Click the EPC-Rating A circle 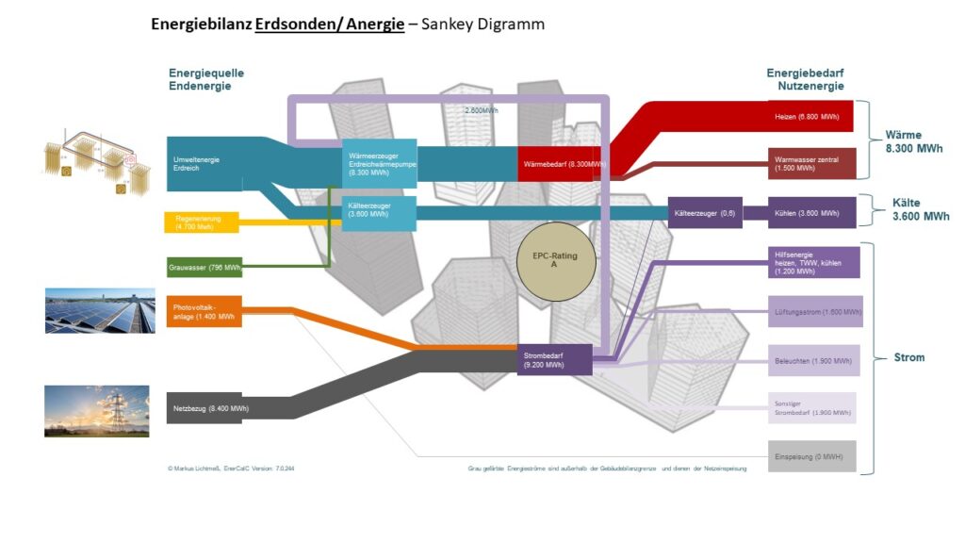(x=556, y=261)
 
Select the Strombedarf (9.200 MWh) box (x=554, y=359)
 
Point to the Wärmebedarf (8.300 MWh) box (x=562, y=164)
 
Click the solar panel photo (x=100, y=310)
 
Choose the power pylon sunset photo (x=96, y=411)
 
